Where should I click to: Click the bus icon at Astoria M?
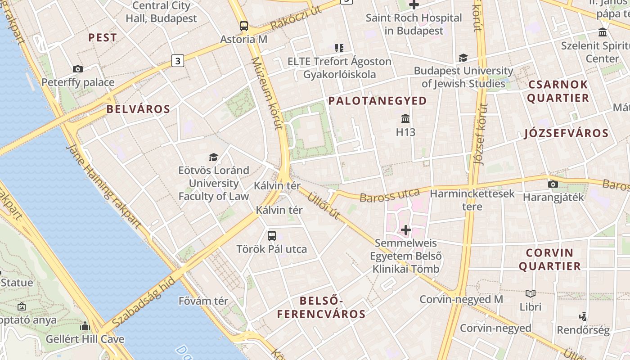pos(243,26)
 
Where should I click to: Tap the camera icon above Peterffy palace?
pos(78,69)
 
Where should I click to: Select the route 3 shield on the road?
pos(178,60)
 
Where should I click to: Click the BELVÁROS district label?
pos(139,109)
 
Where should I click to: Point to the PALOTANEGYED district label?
pos(378,101)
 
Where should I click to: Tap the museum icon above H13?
pos(405,119)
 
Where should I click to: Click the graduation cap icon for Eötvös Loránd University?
pos(213,157)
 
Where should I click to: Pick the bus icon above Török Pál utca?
pos(272,235)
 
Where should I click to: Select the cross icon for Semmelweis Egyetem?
pos(406,230)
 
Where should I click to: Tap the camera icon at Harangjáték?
pos(553,184)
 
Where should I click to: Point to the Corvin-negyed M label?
pos(461,299)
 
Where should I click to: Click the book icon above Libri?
pos(531,293)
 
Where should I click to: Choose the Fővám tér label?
pos(203,301)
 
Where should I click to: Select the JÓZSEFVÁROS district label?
pos(566,133)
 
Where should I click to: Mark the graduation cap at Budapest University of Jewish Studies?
pos(463,58)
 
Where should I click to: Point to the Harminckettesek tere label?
pos(472,200)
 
